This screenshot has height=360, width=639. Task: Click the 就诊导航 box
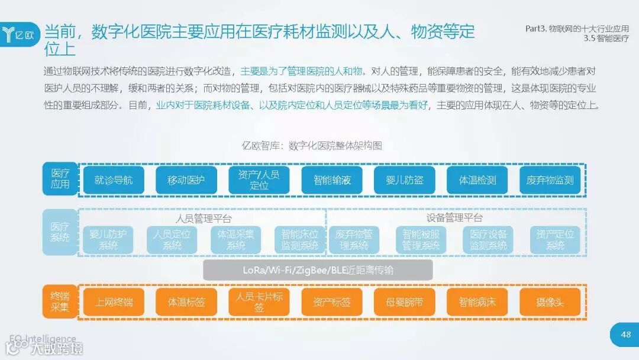tap(114, 180)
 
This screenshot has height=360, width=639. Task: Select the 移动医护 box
tap(186, 180)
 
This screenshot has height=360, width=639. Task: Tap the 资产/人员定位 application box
tap(259, 180)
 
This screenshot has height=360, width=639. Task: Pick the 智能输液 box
tap(331, 180)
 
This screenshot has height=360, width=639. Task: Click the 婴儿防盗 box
tap(404, 180)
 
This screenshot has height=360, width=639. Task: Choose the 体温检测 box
tap(477, 180)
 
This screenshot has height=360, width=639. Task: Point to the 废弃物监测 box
tap(550, 180)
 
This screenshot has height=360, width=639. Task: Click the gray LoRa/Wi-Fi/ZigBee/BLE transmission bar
tap(318, 270)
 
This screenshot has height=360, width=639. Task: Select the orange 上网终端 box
tap(114, 303)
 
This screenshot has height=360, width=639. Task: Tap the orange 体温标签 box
tap(186, 303)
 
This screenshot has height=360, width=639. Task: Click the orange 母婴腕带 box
tap(404, 303)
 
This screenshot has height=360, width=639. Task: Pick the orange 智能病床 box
tap(477, 303)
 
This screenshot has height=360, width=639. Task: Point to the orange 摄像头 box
tap(550, 303)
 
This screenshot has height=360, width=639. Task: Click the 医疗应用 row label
tap(60, 179)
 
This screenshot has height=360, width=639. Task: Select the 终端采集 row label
tap(60, 302)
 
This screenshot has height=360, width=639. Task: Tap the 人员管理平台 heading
tap(204, 217)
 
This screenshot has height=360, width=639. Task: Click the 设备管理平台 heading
tap(454, 217)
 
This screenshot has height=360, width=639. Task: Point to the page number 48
tap(625, 335)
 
